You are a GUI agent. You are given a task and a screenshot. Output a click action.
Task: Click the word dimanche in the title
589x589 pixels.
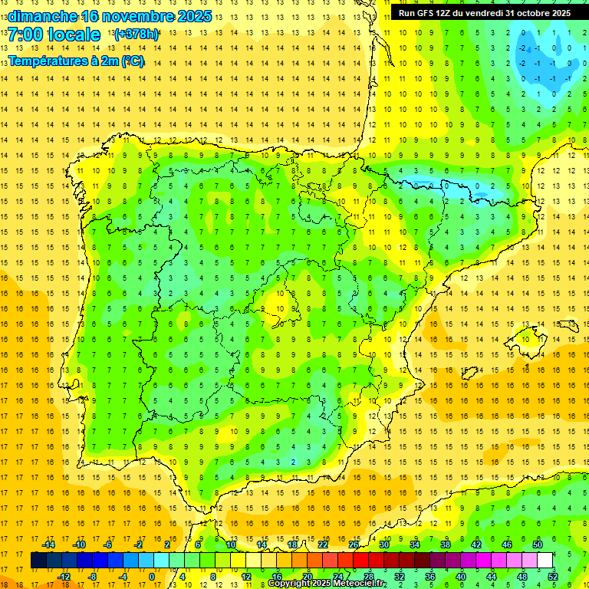pyautogui.click(x=42, y=16)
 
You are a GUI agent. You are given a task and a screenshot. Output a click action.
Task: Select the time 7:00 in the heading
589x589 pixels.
pyautogui.click(x=25, y=35)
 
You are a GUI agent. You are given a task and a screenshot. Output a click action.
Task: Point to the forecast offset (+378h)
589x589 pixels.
pyautogui.click(x=137, y=35)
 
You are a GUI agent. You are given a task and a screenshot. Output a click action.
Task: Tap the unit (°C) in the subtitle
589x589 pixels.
pyautogui.click(x=132, y=61)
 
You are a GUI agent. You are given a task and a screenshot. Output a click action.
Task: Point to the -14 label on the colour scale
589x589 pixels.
pyautogui.click(x=48, y=545)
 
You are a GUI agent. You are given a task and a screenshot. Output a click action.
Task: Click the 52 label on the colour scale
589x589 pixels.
pyautogui.click(x=553, y=577)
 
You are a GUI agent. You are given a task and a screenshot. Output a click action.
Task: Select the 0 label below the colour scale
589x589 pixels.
pyautogui.click(x=152, y=577)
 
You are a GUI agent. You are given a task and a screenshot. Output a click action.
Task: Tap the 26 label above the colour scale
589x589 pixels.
pyautogui.click(x=354, y=545)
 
